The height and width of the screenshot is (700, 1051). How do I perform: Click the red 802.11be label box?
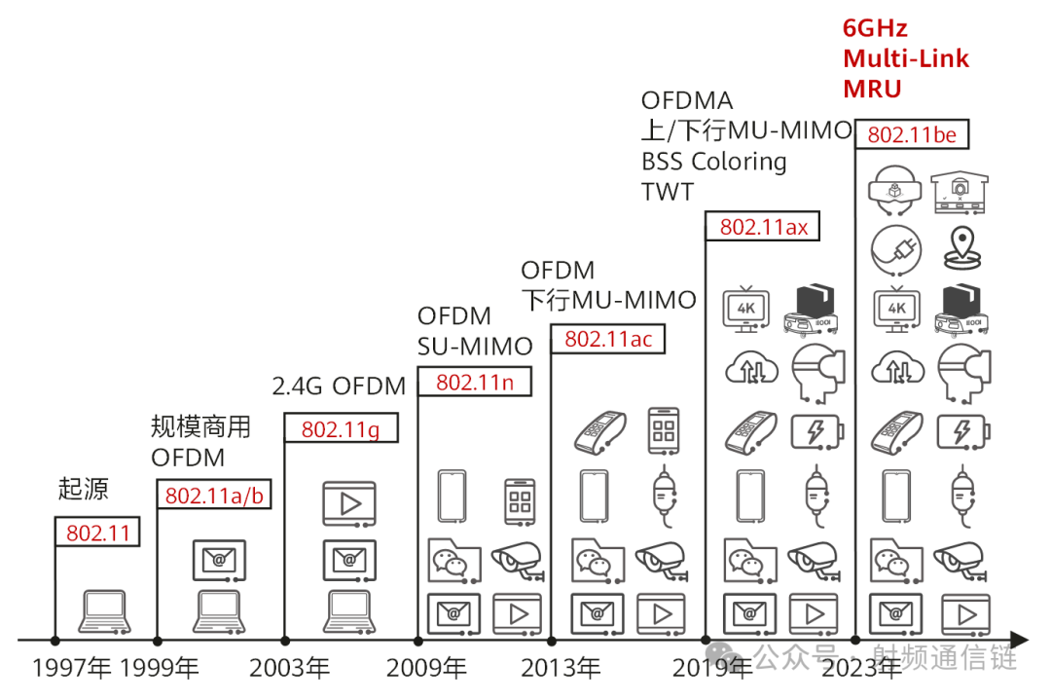point(912,134)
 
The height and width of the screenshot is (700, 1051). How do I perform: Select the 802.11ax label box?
point(763,227)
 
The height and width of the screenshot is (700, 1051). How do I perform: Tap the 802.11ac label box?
point(608,339)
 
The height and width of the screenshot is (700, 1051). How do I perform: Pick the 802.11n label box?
point(475,383)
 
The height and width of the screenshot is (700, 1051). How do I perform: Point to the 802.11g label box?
point(342,428)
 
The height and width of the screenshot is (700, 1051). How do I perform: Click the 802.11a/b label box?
point(214,496)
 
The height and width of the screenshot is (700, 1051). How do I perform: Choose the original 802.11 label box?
point(97,533)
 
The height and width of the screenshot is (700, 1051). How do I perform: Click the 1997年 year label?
point(71,669)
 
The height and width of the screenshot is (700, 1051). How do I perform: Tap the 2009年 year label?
point(426,669)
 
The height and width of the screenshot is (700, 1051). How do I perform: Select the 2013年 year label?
point(562,669)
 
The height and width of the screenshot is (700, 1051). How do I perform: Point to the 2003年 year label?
point(290,669)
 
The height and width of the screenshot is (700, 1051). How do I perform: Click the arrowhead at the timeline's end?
point(1020,641)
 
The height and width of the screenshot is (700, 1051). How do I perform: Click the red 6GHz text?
point(875,29)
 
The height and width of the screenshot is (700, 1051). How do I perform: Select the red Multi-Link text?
point(906,59)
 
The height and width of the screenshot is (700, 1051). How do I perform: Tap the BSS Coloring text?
point(714,162)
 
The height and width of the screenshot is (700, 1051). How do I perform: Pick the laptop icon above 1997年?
point(104,611)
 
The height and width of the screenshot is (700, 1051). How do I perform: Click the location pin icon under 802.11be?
point(962,248)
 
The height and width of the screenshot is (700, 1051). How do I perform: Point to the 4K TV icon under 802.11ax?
point(746,309)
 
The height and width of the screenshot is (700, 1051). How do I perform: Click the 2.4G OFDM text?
point(340,387)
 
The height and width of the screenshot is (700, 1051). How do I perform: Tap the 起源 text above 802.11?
point(83,489)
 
